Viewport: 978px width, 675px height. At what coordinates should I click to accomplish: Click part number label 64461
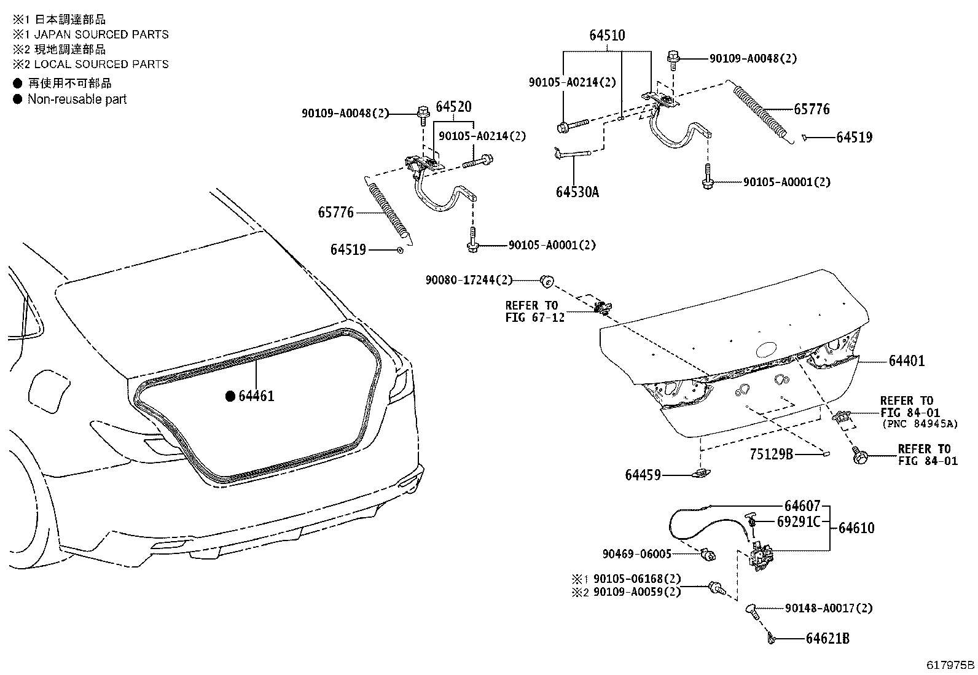(256, 396)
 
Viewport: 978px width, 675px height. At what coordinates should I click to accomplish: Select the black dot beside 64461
(230, 396)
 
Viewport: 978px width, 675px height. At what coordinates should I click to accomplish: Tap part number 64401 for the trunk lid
(906, 361)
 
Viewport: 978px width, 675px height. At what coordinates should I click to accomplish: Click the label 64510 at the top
(607, 36)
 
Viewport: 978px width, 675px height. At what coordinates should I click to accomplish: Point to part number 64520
(453, 107)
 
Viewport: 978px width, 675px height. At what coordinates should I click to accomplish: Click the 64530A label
(577, 192)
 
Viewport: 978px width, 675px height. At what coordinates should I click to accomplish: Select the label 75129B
(771, 454)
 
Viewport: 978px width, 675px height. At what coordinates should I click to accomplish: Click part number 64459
(643, 475)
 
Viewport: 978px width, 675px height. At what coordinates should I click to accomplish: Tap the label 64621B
(827, 639)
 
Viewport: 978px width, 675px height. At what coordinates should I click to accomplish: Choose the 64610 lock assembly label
(856, 528)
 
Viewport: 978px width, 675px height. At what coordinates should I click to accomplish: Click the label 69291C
(799, 521)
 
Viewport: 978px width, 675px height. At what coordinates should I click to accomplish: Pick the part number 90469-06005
(636, 554)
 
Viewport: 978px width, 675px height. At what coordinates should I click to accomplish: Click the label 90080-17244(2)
(469, 280)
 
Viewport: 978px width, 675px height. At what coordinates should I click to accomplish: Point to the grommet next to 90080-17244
(546, 281)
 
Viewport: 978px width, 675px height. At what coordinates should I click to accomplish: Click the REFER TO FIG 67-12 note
(531, 311)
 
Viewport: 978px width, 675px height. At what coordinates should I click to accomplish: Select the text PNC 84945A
(919, 424)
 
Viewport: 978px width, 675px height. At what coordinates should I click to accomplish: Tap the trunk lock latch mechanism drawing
(761, 555)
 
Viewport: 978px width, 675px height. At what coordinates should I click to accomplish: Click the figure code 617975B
(950, 665)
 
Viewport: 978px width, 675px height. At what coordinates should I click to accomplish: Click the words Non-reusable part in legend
(77, 99)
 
